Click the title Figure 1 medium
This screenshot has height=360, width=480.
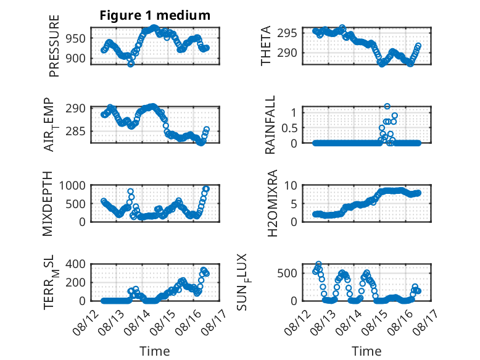(155, 15)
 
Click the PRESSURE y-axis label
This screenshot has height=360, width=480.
(54, 46)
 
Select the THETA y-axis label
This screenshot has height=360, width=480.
(266, 46)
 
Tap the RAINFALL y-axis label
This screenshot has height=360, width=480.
(270, 125)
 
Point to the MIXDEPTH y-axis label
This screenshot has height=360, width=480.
(48, 204)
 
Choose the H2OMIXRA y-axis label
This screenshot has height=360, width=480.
(272, 203)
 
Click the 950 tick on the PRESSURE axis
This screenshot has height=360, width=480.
(75, 39)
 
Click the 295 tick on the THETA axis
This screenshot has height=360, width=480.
(287, 33)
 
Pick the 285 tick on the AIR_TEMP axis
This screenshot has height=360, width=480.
(75, 132)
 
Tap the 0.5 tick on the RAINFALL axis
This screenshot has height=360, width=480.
(289, 128)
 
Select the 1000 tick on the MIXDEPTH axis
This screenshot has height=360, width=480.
(72, 185)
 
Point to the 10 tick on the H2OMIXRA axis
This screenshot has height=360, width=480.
(291, 185)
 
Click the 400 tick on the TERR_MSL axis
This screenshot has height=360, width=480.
(75, 264)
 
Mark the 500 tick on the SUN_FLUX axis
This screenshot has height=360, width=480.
(287, 273)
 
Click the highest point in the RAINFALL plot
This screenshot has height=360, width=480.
(387, 106)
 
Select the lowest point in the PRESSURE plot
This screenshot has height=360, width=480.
(131, 64)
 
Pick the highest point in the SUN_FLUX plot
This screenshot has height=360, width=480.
(319, 264)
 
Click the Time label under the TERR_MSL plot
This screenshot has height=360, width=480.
(155, 351)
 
